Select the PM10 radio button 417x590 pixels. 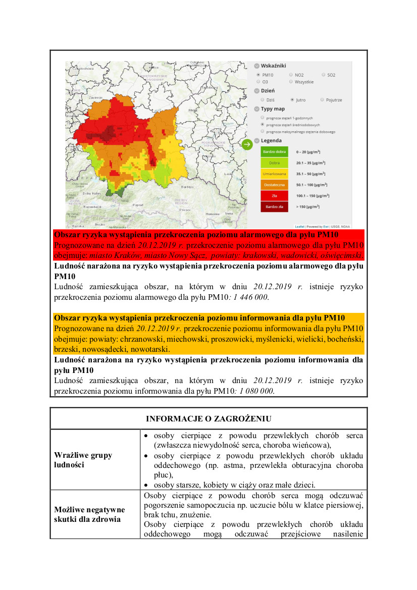click(258, 75)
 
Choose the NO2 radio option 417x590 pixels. click(291, 75)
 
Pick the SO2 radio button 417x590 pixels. click(323, 75)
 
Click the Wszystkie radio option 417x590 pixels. click(291, 82)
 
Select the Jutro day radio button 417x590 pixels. click(292, 100)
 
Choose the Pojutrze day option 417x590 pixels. click(322, 100)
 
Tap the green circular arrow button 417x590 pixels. click(247, 145)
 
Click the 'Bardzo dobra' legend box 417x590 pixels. click(274, 152)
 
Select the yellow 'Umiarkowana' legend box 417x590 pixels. click(274, 174)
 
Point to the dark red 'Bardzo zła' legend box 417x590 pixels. click(274, 206)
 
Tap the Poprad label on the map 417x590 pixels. click(138, 205)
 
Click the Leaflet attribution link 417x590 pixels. click(299, 226)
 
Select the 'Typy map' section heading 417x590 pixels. click(273, 109)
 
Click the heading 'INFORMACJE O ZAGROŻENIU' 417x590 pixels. click(209, 418)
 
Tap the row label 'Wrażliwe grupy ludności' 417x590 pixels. click(83, 460)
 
